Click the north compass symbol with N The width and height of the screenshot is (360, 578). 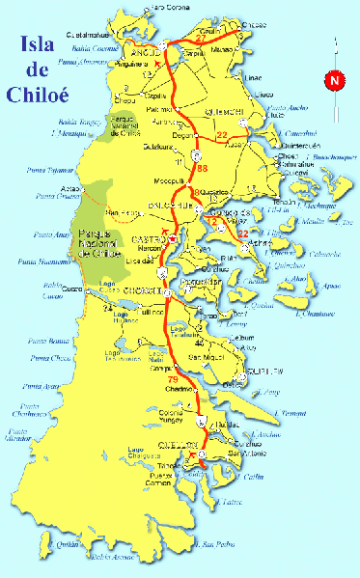pos(334,82)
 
